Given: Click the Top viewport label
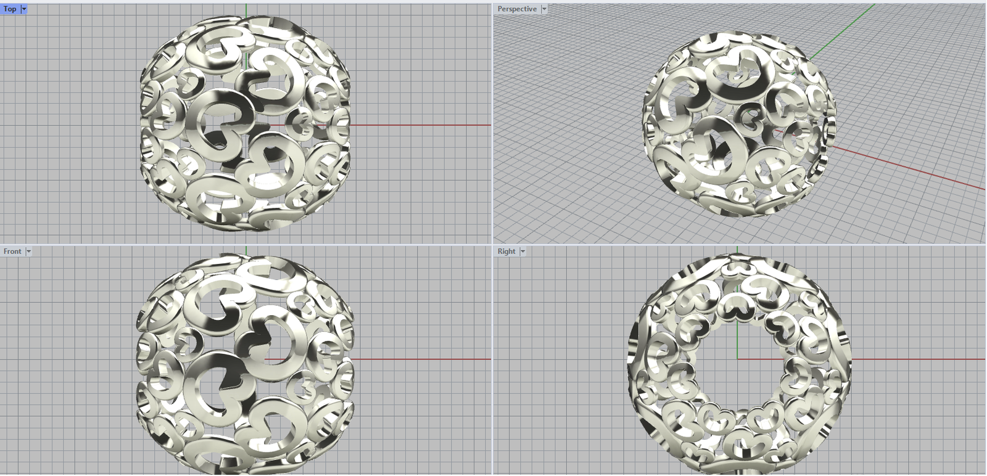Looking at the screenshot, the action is coord(10,9).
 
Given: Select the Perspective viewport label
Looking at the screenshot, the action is coord(517,9).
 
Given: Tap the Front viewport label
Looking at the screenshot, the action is coord(12,252).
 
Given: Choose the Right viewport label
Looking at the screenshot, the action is coord(506,252).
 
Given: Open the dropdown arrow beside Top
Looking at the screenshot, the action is coord(24,9).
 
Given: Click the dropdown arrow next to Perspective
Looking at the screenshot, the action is coord(544,9).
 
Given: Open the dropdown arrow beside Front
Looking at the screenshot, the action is coord(28,252).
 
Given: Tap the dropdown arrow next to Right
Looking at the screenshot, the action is coord(522,252).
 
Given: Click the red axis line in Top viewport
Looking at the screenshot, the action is coord(421,125).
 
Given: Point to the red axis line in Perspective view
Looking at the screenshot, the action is coord(907,168).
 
